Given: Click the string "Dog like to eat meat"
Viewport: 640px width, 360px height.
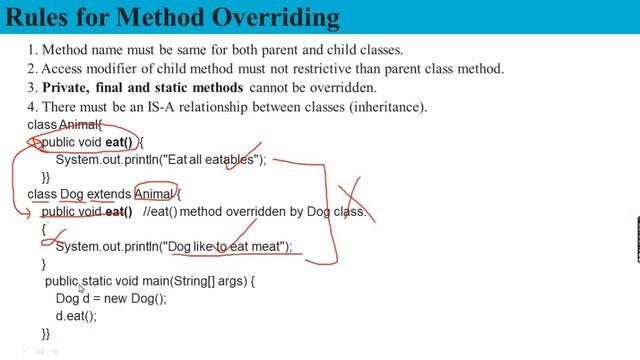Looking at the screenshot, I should tap(228, 246).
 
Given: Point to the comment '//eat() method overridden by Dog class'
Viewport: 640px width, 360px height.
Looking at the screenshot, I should tap(254, 212).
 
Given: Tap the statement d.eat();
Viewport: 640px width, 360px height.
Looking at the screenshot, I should tap(76, 316).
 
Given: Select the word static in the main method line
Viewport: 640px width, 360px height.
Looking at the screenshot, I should tap(97, 282).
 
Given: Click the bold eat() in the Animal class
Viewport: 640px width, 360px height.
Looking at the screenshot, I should tap(118, 143).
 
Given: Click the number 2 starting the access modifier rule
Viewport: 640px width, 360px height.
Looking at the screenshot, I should tap(32, 70).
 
